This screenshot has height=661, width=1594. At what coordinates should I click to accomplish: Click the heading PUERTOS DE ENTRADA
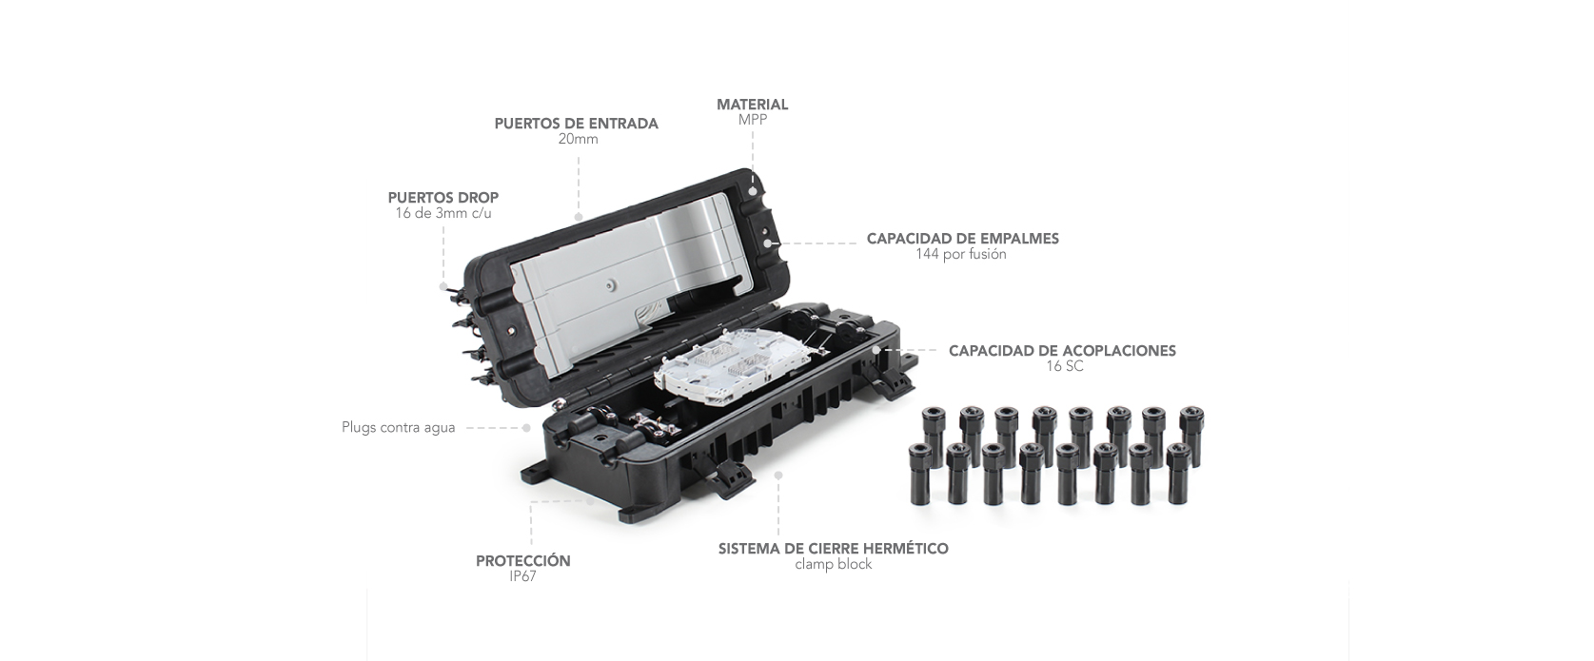pyautogui.click(x=577, y=124)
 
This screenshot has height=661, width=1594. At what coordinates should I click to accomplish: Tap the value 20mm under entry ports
pyautogui.click(x=578, y=140)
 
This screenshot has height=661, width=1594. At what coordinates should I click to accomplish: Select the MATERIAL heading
pyautogui.click(x=752, y=105)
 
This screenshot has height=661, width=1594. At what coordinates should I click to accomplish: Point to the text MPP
pyautogui.click(x=752, y=120)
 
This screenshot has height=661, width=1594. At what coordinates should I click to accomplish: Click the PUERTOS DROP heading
pyautogui.click(x=443, y=198)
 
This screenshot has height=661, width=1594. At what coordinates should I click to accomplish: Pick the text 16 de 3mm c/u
pyautogui.click(x=443, y=213)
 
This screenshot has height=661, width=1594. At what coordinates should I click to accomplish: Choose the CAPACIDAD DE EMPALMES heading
pyautogui.click(x=963, y=239)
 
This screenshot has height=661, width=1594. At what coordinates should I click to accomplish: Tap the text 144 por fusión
pyautogui.click(x=960, y=255)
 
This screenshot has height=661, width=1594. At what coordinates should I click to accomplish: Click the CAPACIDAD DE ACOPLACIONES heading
pyautogui.click(x=1062, y=351)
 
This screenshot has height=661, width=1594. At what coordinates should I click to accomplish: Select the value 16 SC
pyautogui.click(x=1065, y=366)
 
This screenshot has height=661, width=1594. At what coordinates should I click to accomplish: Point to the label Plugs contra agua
pyautogui.click(x=399, y=428)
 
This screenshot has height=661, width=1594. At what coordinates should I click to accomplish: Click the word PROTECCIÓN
pyautogui.click(x=523, y=561)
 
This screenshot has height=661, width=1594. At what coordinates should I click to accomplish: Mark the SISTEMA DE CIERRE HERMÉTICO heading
pyautogui.click(x=834, y=550)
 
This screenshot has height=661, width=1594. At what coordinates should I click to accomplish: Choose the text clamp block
pyautogui.click(x=834, y=565)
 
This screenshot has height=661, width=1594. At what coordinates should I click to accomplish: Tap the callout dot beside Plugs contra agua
pyautogui.click(x=526, y=428)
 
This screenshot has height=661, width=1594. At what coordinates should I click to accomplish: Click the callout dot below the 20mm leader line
pyautogui.click(x=579, y=216)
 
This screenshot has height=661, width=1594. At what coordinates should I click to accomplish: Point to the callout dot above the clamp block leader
pyautogui.click(x=778, y=475)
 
